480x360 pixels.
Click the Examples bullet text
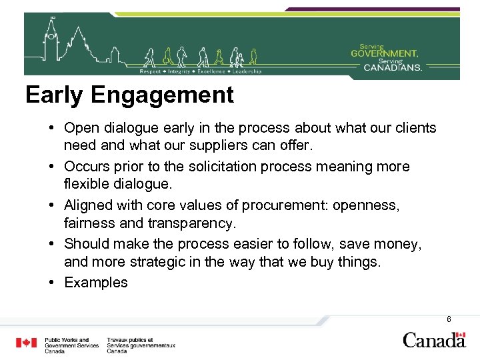(x=96, y=283)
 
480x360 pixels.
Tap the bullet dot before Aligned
(x=52, y=205)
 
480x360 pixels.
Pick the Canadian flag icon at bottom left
(x=27, y=343)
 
